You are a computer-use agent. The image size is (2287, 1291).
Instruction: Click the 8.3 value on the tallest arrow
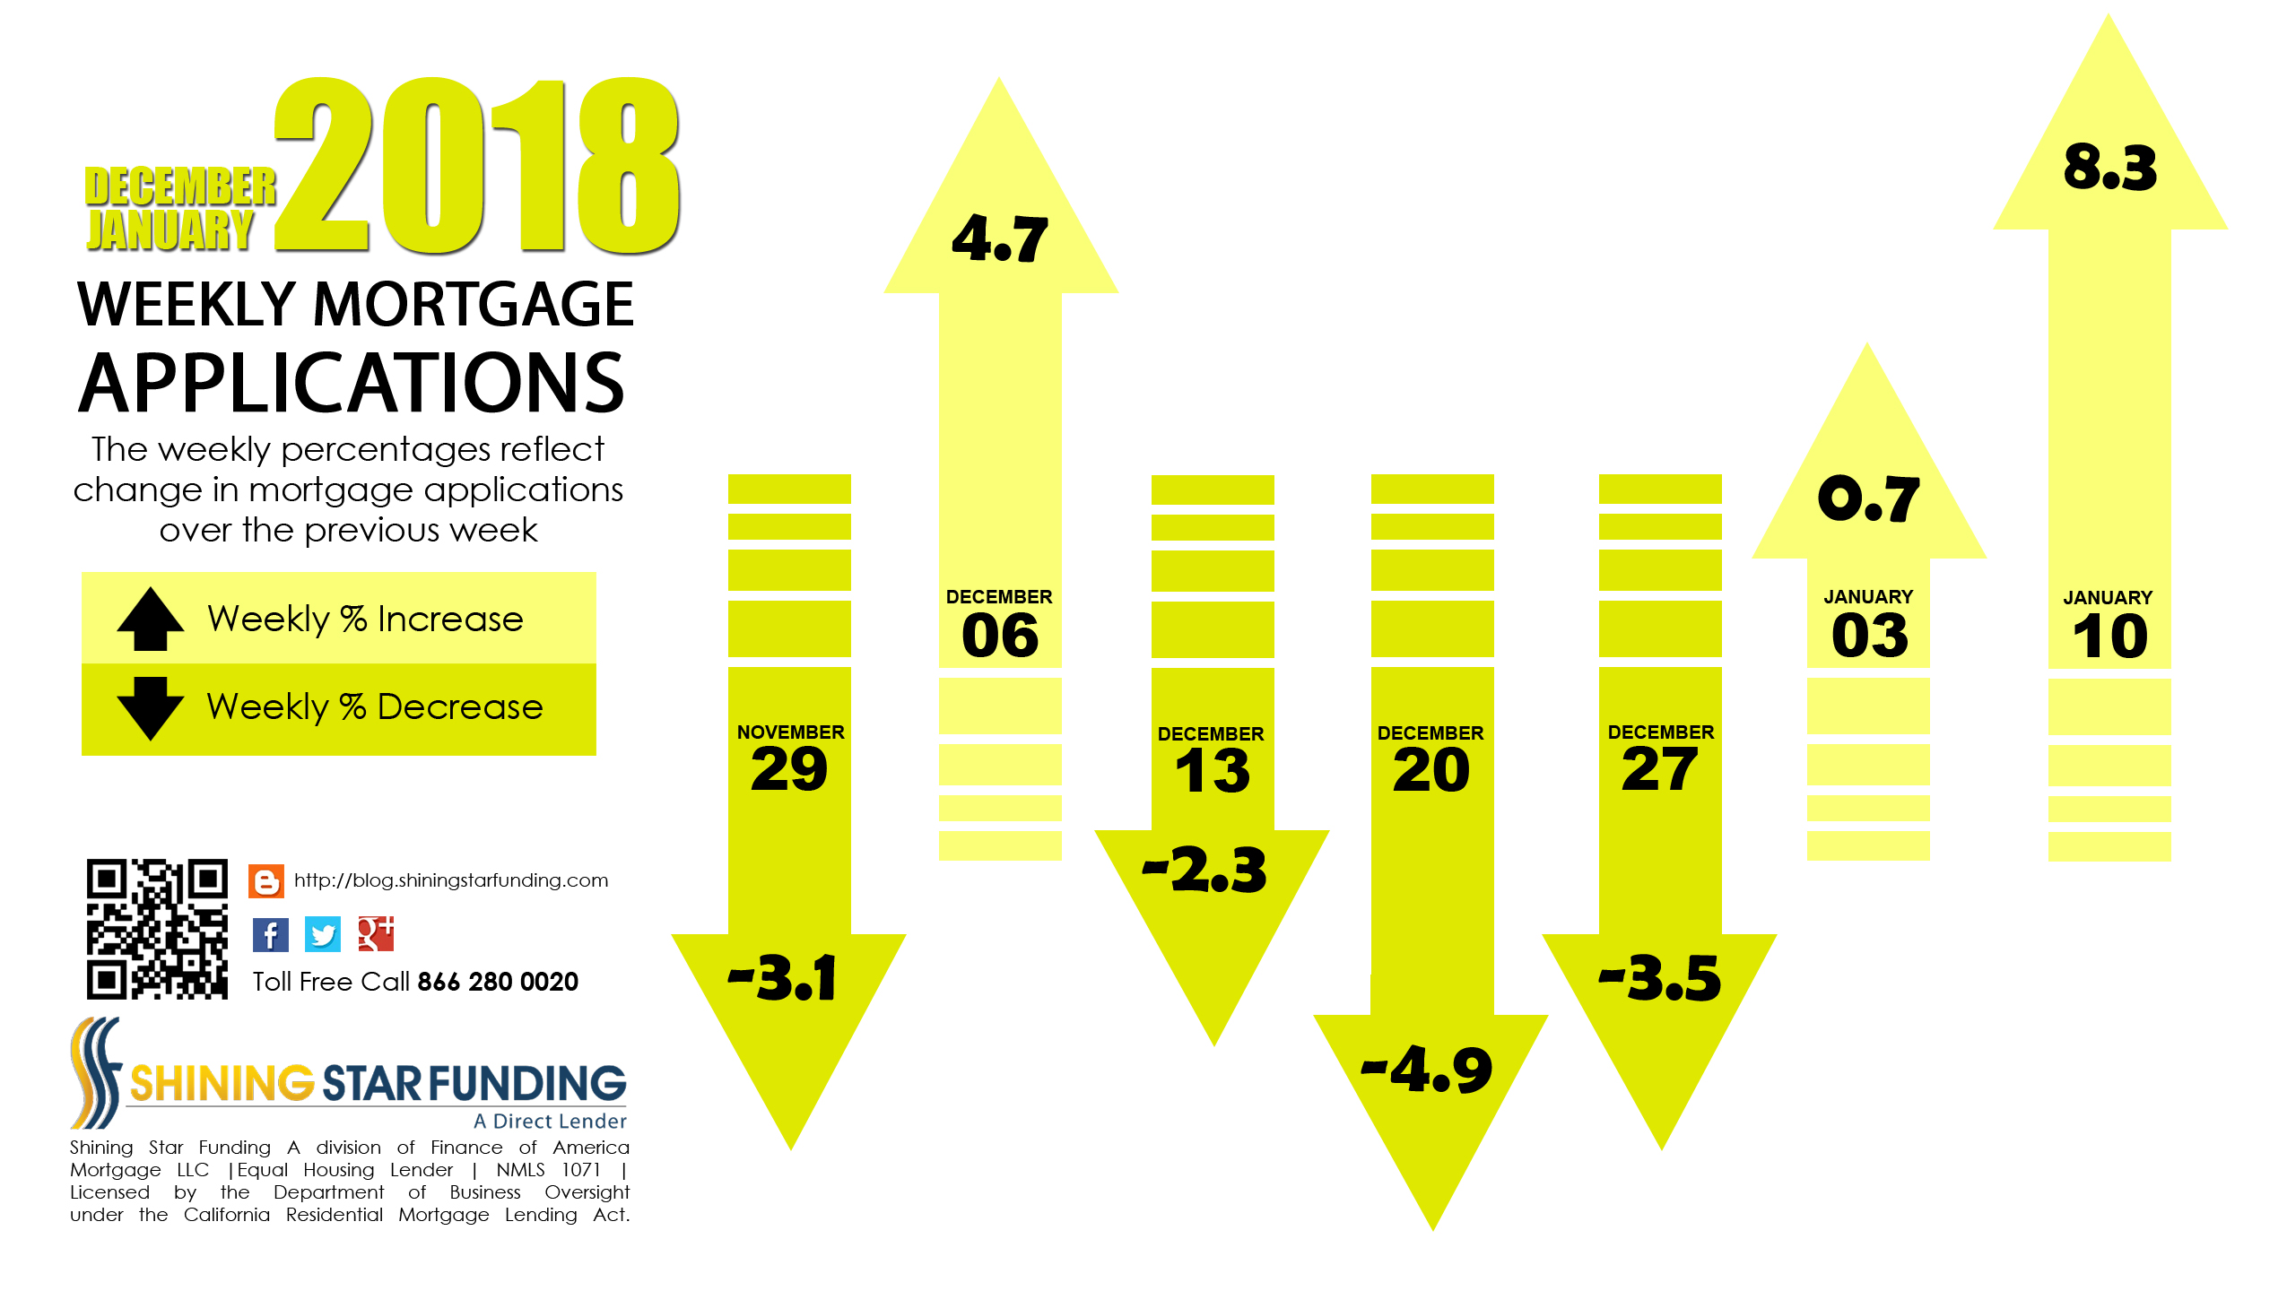2109,168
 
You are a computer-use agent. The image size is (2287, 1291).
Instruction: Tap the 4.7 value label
1000,238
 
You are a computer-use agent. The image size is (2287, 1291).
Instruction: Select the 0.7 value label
1869,498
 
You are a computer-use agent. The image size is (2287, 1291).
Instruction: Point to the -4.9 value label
1427,1070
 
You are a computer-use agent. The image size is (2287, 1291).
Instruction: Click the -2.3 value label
1204,870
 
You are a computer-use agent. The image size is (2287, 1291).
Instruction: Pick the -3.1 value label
783,977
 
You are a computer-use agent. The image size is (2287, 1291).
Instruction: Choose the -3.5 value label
1660,977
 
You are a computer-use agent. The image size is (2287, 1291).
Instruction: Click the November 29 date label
790,758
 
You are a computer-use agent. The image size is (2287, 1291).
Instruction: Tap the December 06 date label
999,624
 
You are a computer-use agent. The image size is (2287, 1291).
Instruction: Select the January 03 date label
1869,624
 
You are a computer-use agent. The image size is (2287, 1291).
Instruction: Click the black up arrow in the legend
151,619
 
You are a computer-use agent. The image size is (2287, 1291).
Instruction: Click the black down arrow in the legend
151,708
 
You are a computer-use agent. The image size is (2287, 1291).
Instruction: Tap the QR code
157,929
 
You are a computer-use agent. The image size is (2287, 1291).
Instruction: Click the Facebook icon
270,934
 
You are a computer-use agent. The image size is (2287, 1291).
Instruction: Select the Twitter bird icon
323,934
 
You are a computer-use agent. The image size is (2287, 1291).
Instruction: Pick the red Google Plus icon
376,933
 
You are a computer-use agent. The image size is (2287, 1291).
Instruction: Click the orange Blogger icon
266,881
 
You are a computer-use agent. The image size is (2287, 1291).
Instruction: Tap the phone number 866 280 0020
498,982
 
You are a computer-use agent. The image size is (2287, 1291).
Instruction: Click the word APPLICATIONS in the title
352,383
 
